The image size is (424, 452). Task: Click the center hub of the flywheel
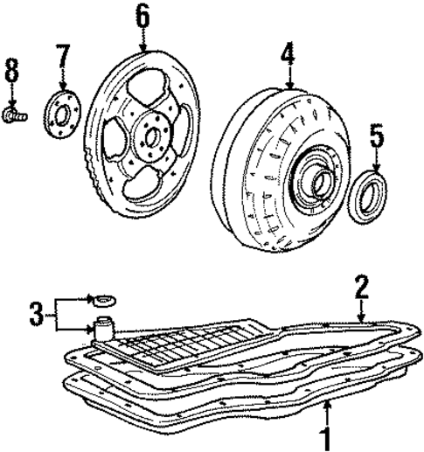click(x=150, y=137)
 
